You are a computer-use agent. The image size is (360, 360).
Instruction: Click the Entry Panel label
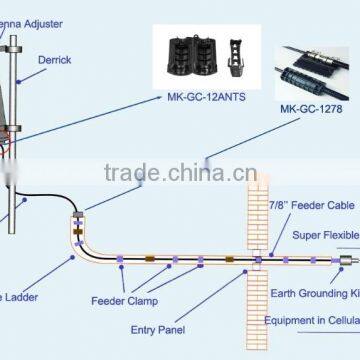(x=161, y=328)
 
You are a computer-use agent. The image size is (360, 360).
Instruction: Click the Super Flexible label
(x=325, y=235)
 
